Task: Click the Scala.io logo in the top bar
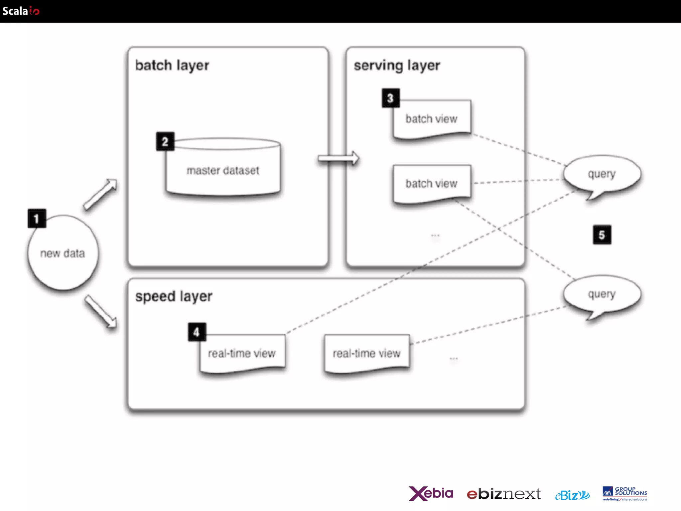pos(21,11)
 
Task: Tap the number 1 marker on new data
pos(37,219)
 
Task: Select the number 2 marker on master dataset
pos(165,142)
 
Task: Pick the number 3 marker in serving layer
pos(390,98)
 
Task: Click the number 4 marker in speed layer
pos(197,332)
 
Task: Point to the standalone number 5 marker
pos(602,235)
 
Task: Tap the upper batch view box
pos(431,119)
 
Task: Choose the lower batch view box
pos(431,183)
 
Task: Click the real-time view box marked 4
pos(242,353)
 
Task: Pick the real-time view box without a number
pos(366,353)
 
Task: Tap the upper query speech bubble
pos(602,174)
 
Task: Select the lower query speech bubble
pos(602,294)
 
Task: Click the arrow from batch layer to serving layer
pos(338,158)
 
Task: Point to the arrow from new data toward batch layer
pos(100,194)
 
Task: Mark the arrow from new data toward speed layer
pos(100,312)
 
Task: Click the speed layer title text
pos(174,296)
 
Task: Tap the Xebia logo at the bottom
pos(431,493)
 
